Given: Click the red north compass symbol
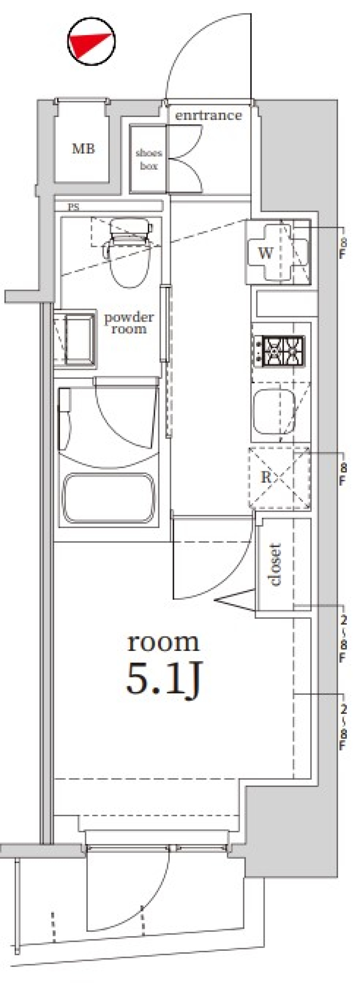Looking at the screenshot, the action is tap(91, 42).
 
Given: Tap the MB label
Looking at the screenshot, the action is tap(83, 148).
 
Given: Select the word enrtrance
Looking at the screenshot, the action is tap(208, 115).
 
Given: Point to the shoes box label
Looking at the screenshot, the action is tap(148, 160).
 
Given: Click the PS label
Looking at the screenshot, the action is tap(73, 207).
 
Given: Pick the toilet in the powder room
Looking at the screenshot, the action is tap(129, 252).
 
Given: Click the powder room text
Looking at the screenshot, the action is tap(129, 322).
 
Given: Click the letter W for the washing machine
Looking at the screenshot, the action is tap(266, 252).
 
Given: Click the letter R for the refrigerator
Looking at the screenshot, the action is tap(266, 477).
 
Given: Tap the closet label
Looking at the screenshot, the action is tap(275, 564).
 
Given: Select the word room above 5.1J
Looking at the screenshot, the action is tap(163, 642).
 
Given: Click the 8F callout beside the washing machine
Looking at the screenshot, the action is tap(343, 248).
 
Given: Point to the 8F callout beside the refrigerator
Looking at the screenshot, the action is tap(343, 474).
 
